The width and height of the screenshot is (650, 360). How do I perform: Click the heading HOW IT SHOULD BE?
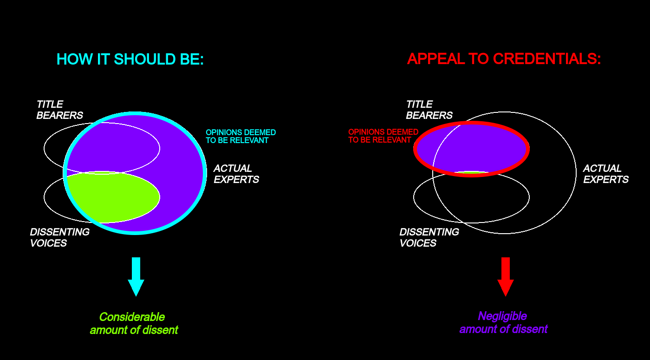pos(130,59)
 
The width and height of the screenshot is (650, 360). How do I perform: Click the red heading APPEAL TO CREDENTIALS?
pos(504,59)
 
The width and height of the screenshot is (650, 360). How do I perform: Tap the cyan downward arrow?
pos(136,277)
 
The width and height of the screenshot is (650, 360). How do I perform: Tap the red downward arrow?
pos(506,277)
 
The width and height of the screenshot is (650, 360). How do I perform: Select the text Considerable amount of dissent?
pos(134,323)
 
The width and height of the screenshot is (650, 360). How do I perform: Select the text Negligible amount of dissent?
pos(503,322)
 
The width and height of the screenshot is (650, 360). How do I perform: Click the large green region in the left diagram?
pos(113,197)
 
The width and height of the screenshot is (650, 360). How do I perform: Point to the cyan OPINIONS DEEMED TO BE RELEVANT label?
pos(240,137)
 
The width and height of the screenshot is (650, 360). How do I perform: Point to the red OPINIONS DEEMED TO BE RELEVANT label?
pos(383,136)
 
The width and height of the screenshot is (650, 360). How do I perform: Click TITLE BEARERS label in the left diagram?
pos(59,110)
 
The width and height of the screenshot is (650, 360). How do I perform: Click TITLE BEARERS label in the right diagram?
pos(429,110)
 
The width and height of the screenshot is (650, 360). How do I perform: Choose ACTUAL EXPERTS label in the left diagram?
pos(236,174)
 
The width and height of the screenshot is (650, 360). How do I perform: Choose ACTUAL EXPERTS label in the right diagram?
pos(605,174)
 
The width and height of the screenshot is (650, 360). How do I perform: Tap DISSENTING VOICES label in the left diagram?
pos(59,237)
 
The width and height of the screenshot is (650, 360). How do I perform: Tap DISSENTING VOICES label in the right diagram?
pos(429,237)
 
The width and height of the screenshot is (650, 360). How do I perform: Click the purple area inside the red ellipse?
pos(472,149)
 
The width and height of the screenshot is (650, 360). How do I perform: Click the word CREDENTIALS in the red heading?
pos(547,59)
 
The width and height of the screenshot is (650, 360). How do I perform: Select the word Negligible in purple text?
pos(502,316)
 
